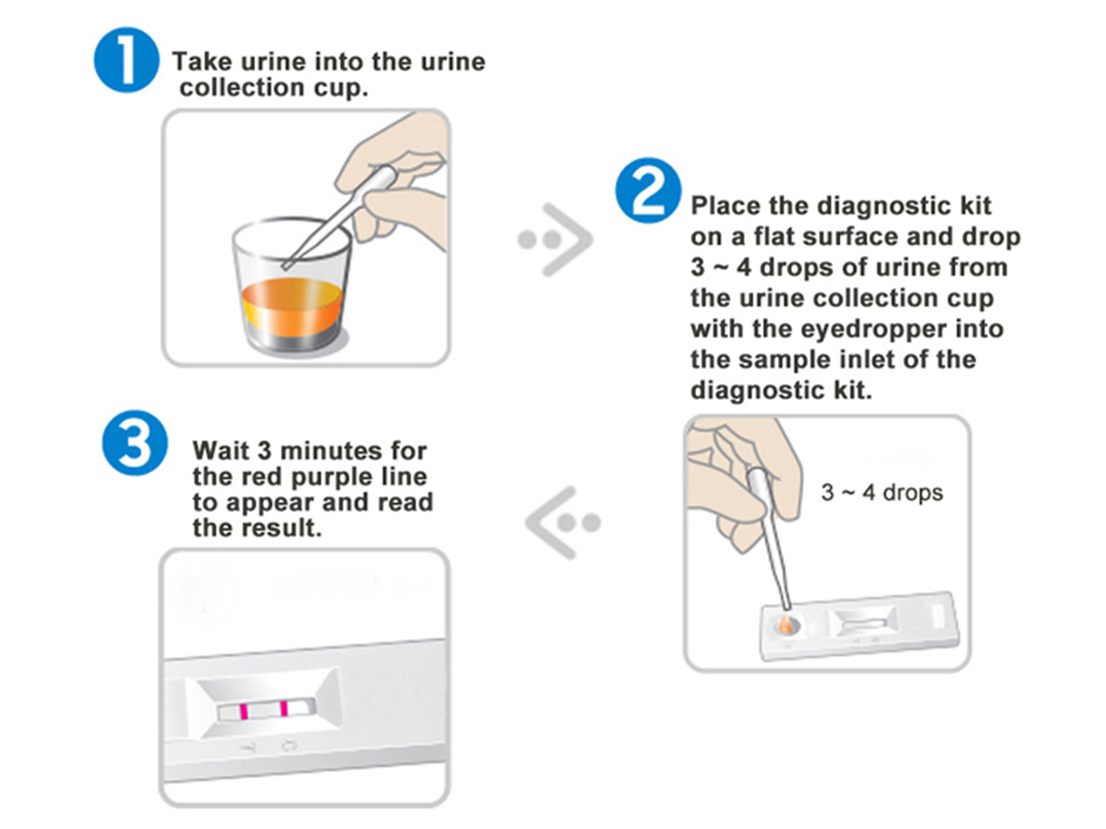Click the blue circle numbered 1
tap(126, 59)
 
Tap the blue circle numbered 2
tap(648, 190)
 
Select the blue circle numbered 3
tap(135, 443)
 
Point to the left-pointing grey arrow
tap(563, 523)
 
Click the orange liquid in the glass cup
tap(292, 305)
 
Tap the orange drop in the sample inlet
tap(784, 624)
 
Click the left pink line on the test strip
tap(243, 711)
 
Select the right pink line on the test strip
tap(284, 708)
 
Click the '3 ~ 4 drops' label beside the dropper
tap(882, 492)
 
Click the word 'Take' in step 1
tap(203, 62)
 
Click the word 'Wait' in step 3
tap(221, 451)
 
